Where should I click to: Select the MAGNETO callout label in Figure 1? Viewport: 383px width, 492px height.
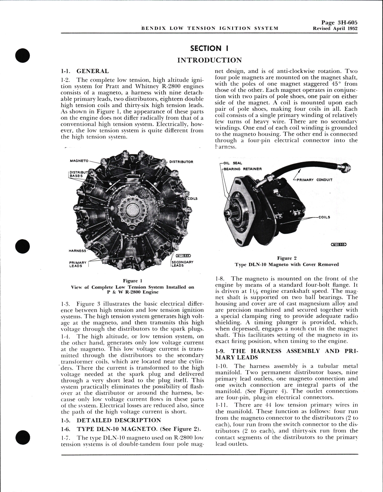click(79, 161)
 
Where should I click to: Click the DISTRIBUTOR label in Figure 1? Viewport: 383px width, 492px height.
click(181, 162)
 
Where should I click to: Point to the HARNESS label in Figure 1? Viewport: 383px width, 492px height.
click(77, 251)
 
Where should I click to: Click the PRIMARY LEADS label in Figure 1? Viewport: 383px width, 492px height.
click(78, 264)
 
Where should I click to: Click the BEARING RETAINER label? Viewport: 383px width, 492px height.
click(242, 169)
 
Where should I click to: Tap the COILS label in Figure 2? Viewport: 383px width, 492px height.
click(324, 217)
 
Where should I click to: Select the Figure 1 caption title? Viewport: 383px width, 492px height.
click(132, 281)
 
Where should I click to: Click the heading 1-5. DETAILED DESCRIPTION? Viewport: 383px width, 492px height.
click(119, 420)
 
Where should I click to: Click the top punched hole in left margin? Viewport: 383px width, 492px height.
click(22, 55)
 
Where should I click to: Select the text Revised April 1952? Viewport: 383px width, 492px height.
click(335, 28)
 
